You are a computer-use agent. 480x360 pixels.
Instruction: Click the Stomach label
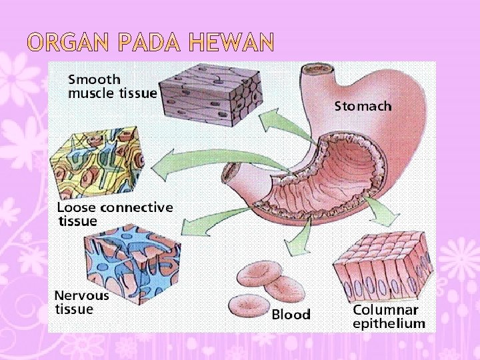[363, 106]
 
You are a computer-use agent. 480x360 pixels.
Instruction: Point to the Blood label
[291, 314]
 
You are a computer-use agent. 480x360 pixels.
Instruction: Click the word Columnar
[385, 310]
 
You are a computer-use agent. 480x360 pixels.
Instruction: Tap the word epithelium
[388, 324]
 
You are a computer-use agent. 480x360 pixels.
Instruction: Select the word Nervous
[82, 295]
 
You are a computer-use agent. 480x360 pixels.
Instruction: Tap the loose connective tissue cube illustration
[101, 164]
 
